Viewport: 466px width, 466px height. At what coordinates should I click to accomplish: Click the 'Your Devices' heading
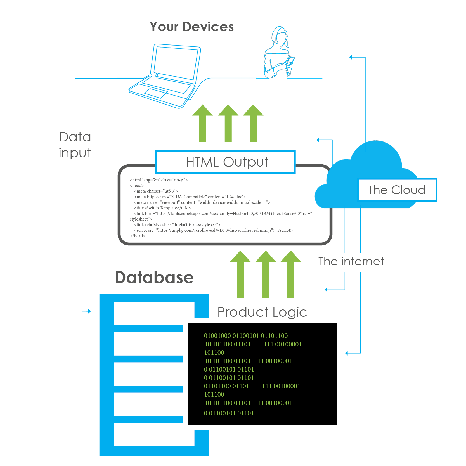click(x=191, y=27)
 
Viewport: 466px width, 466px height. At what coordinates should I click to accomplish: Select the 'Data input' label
click(x=75, y=145)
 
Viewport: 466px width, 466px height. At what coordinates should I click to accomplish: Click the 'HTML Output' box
click(x=225, y=162)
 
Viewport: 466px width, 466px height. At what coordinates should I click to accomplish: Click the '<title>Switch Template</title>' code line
click(x=162, y=208)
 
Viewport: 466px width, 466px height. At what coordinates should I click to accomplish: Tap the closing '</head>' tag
click(x=138, y=236)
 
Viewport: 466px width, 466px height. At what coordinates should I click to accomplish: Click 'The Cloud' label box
click(x=397, y=190)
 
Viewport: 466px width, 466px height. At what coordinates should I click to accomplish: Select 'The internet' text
click(x=351, y=261)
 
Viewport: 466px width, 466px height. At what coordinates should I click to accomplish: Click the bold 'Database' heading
click(x=154, y=277)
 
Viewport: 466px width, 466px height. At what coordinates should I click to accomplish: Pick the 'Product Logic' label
click(x=262, y=312)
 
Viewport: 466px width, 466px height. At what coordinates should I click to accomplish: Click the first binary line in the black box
click(x=246, y=336)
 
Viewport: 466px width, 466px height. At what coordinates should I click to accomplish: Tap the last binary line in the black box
click(x=229, y=413)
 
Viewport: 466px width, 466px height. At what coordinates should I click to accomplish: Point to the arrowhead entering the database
click(x=89, y=311)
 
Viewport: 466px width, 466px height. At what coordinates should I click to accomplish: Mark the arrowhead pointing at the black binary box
click(x=347, y=353)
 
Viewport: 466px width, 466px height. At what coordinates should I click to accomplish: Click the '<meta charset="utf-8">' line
click(x=156, y=191)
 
